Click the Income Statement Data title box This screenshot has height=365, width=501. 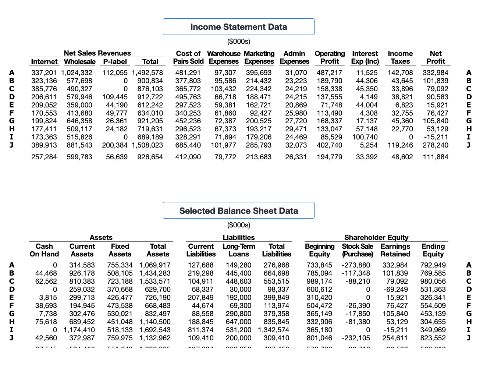point(238,27)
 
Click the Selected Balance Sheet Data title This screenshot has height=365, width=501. point(238,211)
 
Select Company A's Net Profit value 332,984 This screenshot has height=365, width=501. point(435,73)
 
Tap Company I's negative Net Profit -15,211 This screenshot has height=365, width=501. point(436,137)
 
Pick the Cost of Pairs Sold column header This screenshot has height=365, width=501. point(188,57)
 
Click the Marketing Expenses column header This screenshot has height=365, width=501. point(259,57)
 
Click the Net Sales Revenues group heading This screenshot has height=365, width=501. point(97,53)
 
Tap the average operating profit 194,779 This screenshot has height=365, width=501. point(329,157)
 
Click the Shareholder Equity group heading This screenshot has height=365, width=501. point(376,238)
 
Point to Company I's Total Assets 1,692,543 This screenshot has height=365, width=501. point(155,330)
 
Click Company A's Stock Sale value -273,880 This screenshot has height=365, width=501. point(356,265)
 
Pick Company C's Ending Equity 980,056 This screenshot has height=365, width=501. point(433,281)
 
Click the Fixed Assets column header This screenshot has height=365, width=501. point(120,250)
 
